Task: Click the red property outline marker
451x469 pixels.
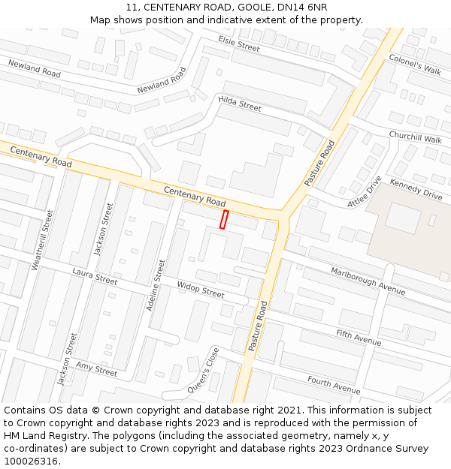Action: (223, 219)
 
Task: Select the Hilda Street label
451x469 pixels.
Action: (240, 104)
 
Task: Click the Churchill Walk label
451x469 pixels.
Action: (415, 137)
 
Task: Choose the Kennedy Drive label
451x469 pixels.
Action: (416, 189)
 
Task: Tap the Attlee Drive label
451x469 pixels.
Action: (365, 193)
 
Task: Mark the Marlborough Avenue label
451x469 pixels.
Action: (368, 281)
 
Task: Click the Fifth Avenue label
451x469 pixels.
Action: (359, 337)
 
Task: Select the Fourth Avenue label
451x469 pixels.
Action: (334, 385)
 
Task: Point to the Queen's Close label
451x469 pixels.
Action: (204, 369)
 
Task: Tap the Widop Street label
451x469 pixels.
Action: (201, 289)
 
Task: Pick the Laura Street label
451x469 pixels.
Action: (95, 275)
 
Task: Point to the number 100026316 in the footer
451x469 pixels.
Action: (32, 461)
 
